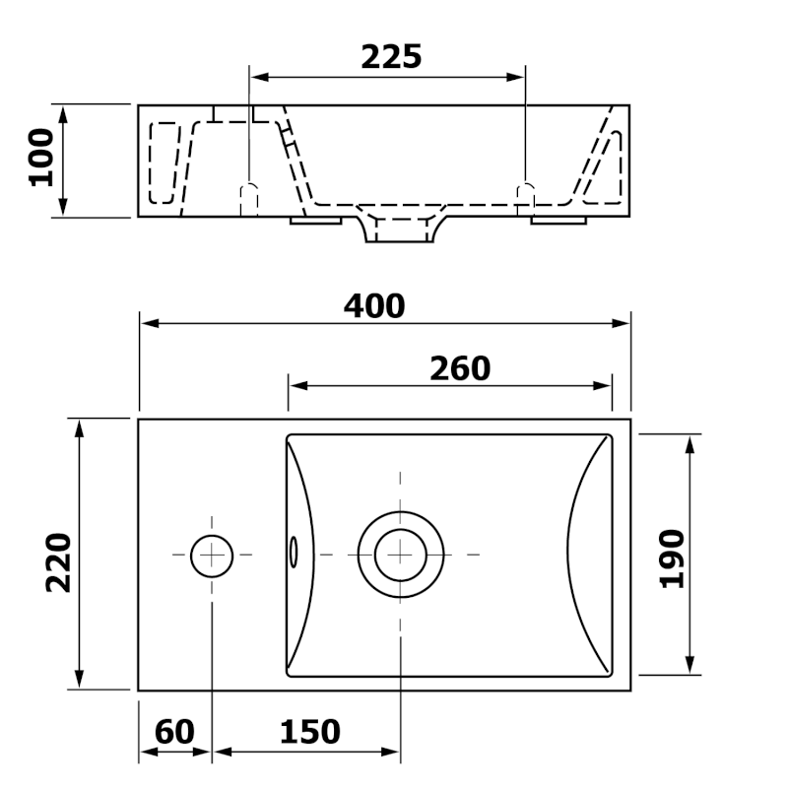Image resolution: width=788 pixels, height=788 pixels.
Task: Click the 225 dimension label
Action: (x=391, y=57)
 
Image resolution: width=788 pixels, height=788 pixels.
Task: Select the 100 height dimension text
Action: (x=41, y=158)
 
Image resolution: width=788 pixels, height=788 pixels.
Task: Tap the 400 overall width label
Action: (x=374, y=306)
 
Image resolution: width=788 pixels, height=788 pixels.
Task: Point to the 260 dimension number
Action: (x=460, y=368)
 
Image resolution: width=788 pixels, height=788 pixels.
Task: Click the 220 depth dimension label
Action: (x=59, y=562)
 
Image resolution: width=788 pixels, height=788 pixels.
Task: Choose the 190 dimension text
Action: (x=672, y=558)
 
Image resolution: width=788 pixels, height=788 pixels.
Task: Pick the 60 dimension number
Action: (x=174, y=732)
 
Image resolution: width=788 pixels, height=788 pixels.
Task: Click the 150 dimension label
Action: (x=309, y=732)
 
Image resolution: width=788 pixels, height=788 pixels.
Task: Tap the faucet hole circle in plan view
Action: (x=212, y=557)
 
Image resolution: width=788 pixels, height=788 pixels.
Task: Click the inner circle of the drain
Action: (x=401, y=555)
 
